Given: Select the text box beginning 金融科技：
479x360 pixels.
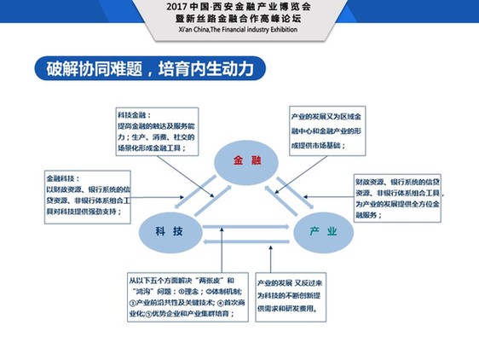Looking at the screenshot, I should [89, 195].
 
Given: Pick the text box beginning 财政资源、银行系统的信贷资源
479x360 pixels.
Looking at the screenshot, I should [397, 198].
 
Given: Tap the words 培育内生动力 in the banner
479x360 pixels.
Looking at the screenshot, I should [212, 68].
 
